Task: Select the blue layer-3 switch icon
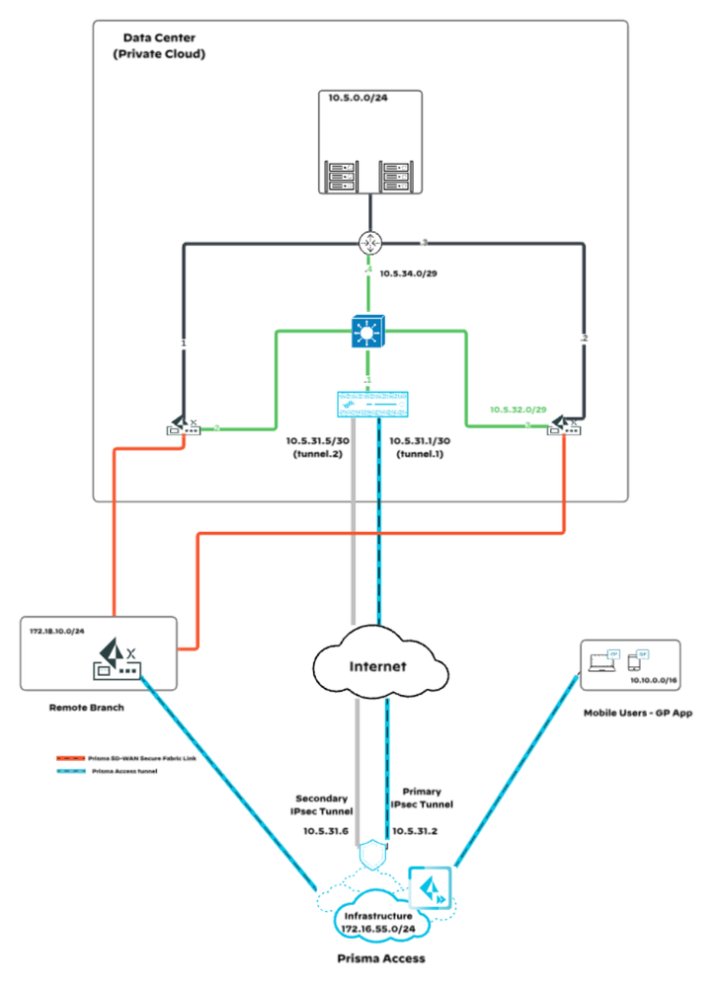(370, 332)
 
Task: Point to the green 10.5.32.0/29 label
(519, 409)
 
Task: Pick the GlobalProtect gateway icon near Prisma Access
(430, 888)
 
